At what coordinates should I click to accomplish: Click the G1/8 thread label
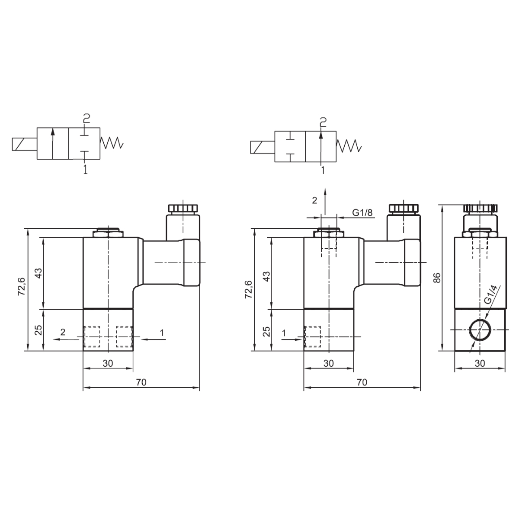click(x=362, y=213)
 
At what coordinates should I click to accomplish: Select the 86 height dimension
click(x=437, y=278)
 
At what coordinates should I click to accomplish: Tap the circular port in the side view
click(x=480, y=330)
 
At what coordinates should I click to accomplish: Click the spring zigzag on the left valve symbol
click(x=112, y=143)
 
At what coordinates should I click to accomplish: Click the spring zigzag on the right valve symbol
click(x=349, y=146)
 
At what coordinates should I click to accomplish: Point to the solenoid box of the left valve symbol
click(x=25, y=144)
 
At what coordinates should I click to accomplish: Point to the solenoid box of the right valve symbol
click(x=263, y=147)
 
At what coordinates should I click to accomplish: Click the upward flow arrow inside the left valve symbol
click(x=53, y=143)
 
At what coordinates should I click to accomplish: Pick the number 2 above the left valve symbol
click(x=86, y=118)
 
